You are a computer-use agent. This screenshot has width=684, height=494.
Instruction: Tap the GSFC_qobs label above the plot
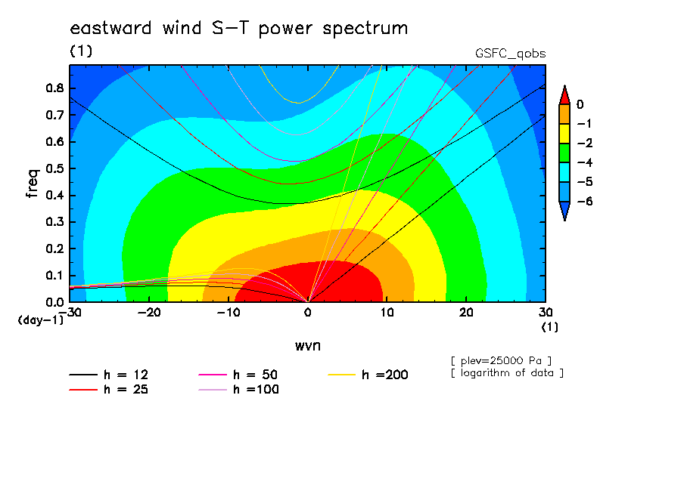[x=511, y=54]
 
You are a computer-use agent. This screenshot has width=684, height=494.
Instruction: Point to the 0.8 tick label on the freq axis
[x=54, y=88]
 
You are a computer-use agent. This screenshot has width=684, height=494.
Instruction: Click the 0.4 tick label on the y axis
[x=54, y=195]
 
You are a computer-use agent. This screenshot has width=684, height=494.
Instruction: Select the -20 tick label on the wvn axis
[x=149, y=313]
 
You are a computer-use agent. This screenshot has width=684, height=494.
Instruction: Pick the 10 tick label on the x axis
[x=387, y=313]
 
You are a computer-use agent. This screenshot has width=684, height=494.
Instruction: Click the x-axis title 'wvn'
[x=308, y=346]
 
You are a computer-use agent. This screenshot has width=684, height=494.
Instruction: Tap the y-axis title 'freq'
[x=33, y=183]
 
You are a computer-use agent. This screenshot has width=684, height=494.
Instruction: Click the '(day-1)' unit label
[x=41, y=320]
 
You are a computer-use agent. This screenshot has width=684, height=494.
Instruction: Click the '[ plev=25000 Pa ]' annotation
[x=501, y=361]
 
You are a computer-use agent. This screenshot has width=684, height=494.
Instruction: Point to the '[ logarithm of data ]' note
[x=508, y=373]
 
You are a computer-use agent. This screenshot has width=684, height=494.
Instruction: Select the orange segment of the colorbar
[x=564, y=114]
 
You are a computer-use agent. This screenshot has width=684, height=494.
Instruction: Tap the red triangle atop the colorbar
[x=564, y=95]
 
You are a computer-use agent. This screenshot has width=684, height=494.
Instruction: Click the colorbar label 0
[x=580, y=104]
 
